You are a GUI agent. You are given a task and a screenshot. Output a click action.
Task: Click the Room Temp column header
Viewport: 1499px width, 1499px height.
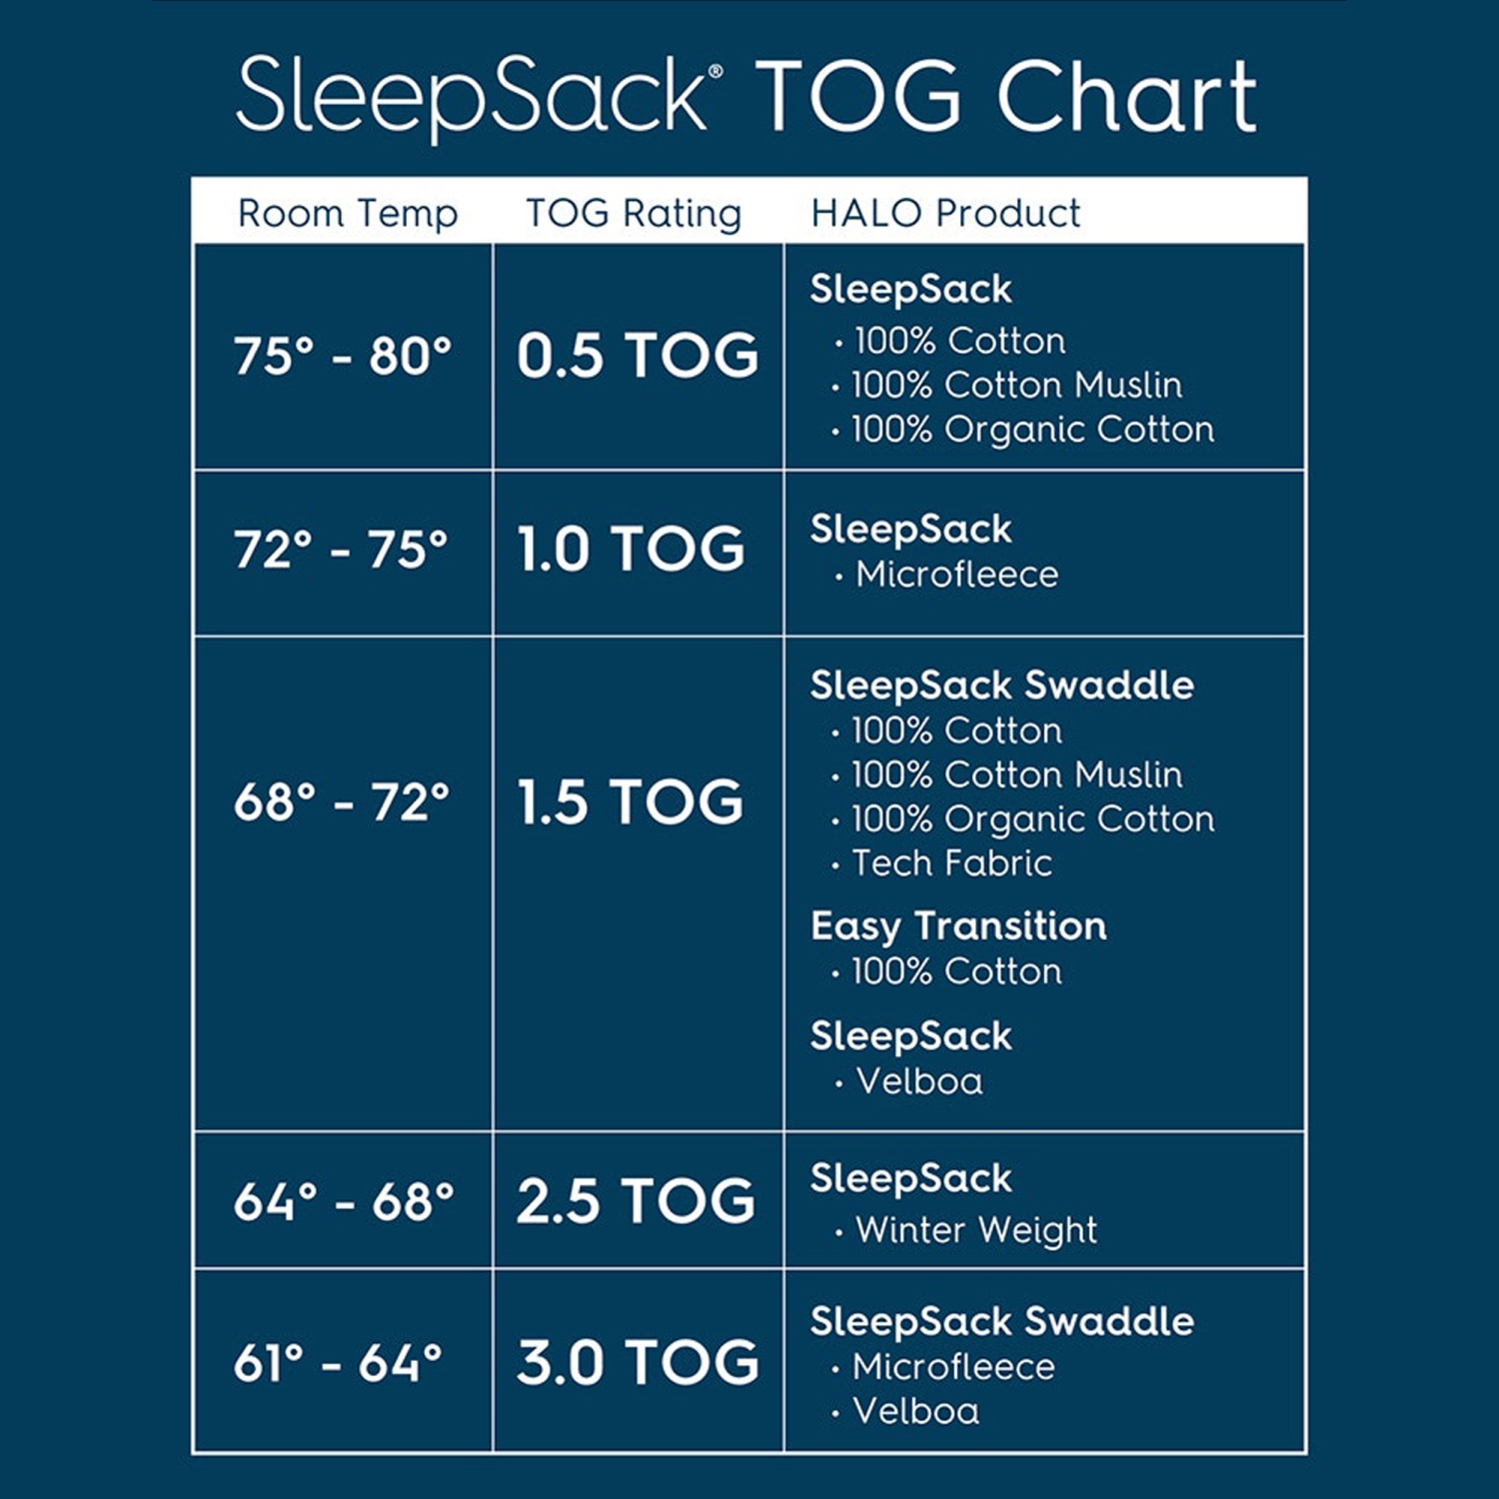coord(347,213)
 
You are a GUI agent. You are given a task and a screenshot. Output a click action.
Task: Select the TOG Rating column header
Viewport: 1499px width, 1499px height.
coord(634,213)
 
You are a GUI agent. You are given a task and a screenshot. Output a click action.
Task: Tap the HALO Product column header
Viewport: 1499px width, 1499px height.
coord(945,213)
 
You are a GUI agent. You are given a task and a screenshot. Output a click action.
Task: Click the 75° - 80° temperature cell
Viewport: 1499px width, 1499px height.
coord(343,356)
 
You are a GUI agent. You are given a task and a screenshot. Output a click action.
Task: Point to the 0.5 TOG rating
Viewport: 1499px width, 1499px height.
coord(638,356)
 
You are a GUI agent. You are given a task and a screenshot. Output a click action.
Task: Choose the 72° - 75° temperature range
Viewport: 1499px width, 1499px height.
coord(341,549)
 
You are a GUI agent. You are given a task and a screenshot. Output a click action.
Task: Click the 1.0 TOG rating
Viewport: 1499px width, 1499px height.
coord(631,549)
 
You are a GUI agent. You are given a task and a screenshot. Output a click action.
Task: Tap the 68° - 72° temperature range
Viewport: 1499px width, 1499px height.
coord(342,801)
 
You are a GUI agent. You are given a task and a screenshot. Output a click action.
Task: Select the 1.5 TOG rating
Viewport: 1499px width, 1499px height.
coord(631,801)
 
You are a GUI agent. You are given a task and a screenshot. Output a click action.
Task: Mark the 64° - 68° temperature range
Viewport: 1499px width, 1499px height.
coord(344,1201)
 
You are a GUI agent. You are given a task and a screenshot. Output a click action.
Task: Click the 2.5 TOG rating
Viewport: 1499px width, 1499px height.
coord(637,1201)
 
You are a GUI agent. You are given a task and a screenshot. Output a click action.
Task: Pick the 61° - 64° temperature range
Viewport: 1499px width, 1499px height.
coord(338,1362)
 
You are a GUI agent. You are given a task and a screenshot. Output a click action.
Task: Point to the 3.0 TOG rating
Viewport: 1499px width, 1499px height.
coord(638,1362)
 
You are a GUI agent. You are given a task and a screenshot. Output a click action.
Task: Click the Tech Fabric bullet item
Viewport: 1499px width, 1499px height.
coord(951,863)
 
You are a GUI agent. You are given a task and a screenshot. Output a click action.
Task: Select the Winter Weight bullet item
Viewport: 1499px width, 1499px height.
coord(976,1230)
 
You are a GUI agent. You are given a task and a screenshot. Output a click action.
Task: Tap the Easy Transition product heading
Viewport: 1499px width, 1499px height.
coord(958,926)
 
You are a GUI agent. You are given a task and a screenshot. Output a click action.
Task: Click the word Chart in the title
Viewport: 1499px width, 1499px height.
coord(1126,97)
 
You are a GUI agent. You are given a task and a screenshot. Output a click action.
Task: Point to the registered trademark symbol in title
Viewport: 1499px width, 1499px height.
coord(716,72)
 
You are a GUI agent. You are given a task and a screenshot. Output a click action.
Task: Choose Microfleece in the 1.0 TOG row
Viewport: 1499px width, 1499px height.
coord(956,575)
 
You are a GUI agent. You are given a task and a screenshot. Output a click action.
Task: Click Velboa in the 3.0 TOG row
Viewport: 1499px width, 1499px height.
coord(915,1411)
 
